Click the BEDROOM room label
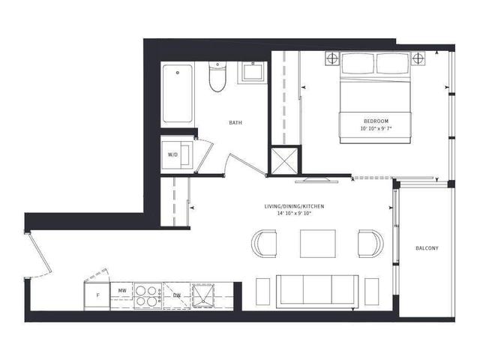(376, 121)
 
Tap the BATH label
(235, 123)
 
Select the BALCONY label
(427, 248)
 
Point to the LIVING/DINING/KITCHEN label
(294, 207)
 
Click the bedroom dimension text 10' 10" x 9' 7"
(376, 129)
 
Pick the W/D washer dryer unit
(177, 155)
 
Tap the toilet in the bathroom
(217, 76)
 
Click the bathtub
(178, 93)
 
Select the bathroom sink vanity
(253, 72)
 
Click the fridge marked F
(97, 296)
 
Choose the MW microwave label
(122, 289)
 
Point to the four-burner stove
(148, 295)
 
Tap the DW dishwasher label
(177, 295)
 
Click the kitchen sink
(203, 296)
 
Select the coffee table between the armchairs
(318, 244)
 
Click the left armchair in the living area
(264, 244)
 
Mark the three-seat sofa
(317, 292)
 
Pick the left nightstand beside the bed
(332, 58)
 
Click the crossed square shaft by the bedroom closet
(284, 161)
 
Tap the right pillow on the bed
(393, 63)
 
